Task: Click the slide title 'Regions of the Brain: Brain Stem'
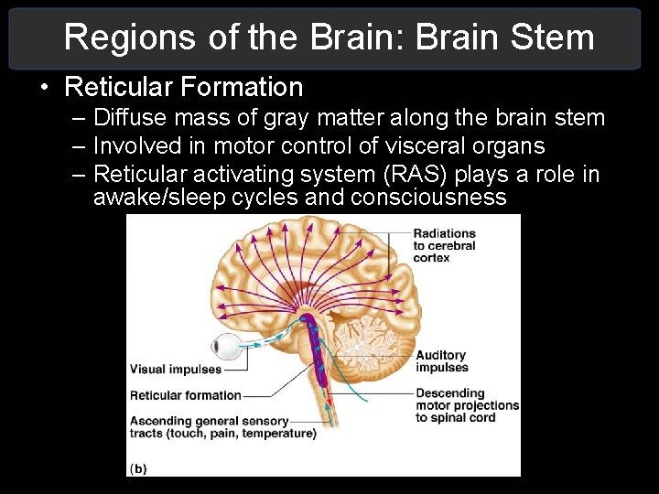pyautogui.click(x=329, y=38)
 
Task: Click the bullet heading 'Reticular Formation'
pyautogui.click(x=184, y=87)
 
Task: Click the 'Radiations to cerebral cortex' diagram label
pyautogui.click(x=444, y=246)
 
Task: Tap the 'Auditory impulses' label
pyautogui.click(x=441, y=361)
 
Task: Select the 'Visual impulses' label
pyautogui.click(x=176, y=370)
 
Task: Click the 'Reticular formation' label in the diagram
pyautogui.click(x=185, y=395)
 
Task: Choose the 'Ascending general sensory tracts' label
pyautogui.click(x=209, y=422)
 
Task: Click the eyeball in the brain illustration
pyautogui.click(x=226, y=348)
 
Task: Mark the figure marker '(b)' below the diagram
pyautogui.click(x=137, y=468)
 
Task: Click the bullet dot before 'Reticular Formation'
pyautogui.click(x=44, y=88)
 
